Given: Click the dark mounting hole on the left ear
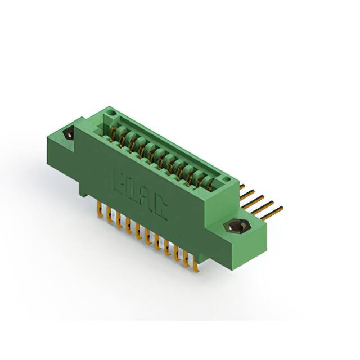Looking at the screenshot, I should [x=69, y=135].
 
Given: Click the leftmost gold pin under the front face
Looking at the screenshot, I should [x=99, y=210].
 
